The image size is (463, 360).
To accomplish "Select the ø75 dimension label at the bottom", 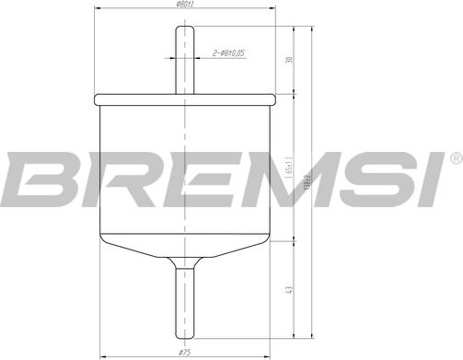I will pos(185,352).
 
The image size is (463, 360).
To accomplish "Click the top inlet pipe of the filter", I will pos(185,60).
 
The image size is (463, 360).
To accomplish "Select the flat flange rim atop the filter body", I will pos(185,96).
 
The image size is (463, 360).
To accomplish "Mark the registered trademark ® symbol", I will pos(454,157).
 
